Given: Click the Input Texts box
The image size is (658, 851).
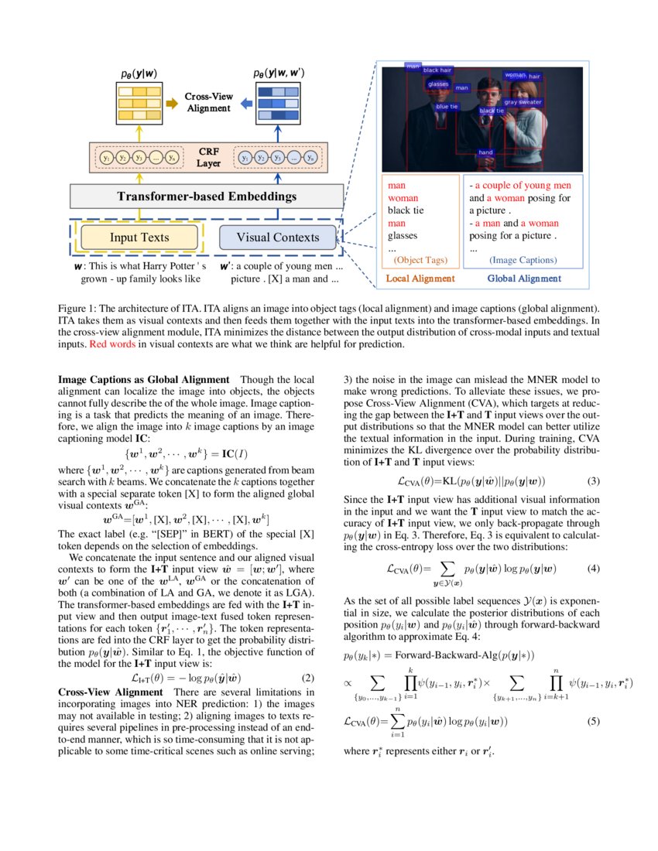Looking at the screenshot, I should [x=139, y=238].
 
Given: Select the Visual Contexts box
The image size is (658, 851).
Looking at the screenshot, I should [x=277, y=238].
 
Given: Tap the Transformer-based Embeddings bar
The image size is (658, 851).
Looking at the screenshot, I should [x=206, y=197].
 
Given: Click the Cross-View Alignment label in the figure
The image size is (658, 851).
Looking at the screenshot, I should [x=208, y=102].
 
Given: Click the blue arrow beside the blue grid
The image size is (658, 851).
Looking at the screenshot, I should [x=244, y=102].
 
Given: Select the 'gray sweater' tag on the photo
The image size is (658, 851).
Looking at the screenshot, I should [x=523, y=102].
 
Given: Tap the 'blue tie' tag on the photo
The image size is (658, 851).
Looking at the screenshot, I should [x=447, y=107].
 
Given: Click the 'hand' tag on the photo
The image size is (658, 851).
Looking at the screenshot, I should [x=485, y=152].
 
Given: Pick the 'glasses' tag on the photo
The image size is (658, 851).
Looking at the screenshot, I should [x=438, y=84].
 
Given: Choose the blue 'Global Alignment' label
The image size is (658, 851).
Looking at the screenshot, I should [x=524, y=279].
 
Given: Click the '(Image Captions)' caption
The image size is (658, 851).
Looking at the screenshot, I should [x=523, y=261].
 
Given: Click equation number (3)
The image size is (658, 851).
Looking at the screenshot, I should [x=594, y=480].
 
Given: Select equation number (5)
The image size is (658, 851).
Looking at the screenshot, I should [x=594, y=722].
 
